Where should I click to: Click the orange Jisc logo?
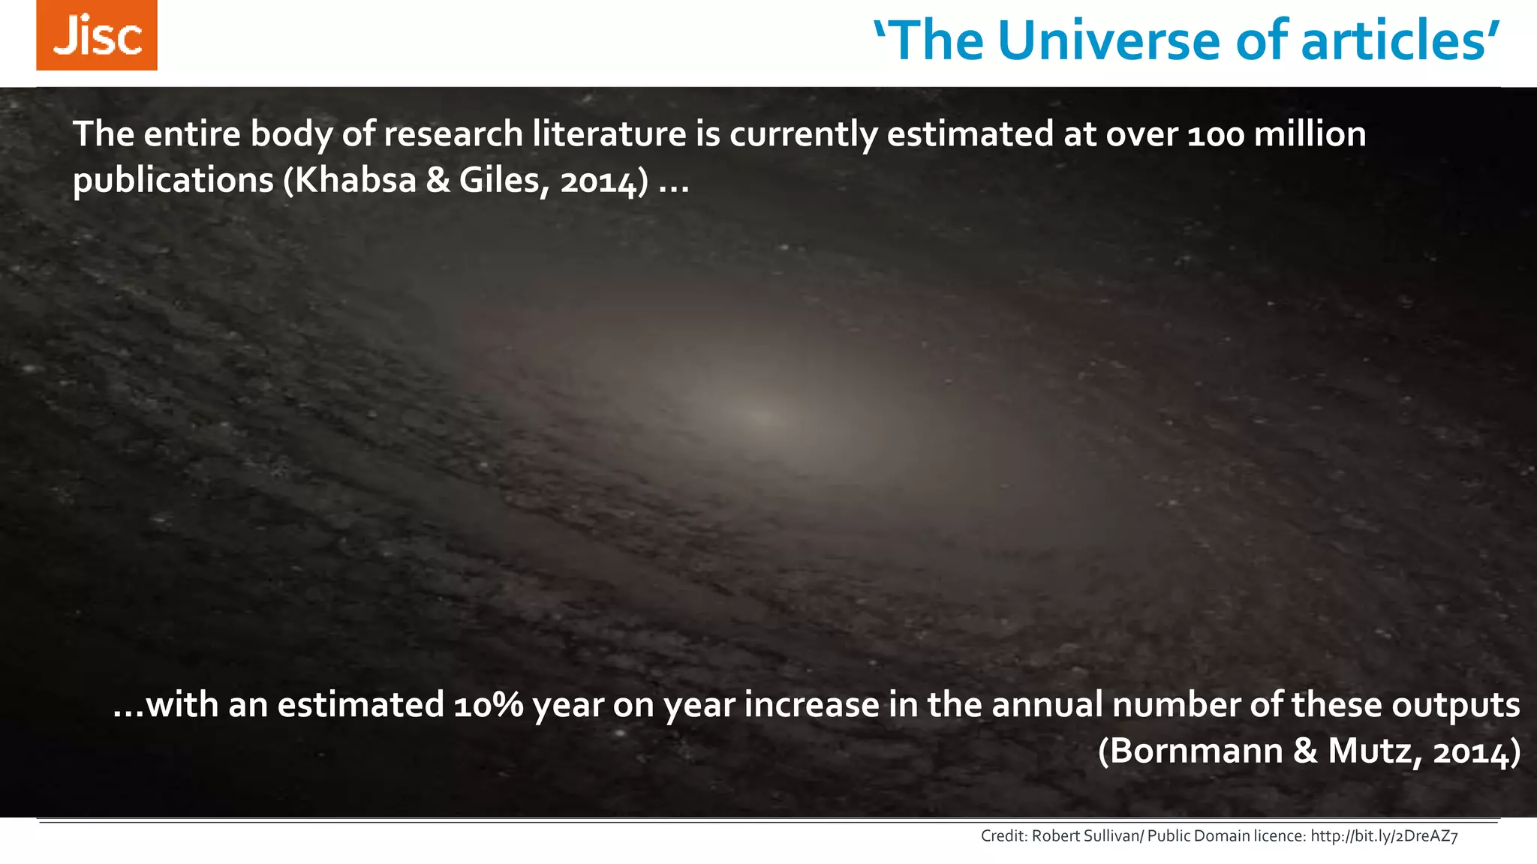(x=97, y=35)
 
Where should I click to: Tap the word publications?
(x=173, y=181)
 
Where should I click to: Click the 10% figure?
(x=489, y=706)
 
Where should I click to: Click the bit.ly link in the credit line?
(x=1384, y=836)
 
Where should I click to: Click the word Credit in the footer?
(x=1003, y=836)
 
